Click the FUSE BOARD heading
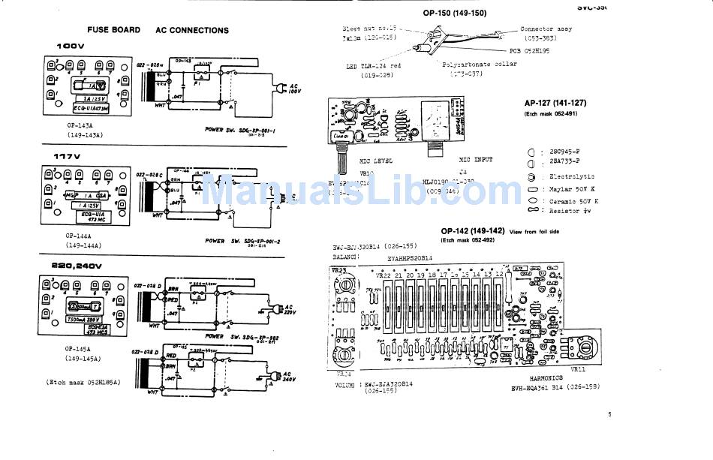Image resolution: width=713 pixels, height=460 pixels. (113, 30)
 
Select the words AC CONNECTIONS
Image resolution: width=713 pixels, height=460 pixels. (192, 31)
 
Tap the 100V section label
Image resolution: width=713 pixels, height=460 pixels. (71, 47)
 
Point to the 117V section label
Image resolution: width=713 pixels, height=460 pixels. (66, 156)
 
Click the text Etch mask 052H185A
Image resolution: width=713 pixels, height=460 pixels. (83, 382)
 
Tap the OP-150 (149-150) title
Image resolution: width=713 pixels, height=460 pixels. (454, 13)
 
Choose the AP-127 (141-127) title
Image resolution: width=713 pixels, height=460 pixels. (555, 103)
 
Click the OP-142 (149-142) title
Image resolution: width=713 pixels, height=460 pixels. (473, 230)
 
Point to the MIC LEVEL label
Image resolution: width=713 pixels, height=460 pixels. (376, 160)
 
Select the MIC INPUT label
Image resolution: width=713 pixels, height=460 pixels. (476, 159)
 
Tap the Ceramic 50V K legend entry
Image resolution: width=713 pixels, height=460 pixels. (574, 201)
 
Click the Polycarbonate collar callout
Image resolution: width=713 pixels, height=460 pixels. (480, 65)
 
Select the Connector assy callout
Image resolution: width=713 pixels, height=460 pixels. (546, 29)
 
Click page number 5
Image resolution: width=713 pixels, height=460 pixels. (609, 413)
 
